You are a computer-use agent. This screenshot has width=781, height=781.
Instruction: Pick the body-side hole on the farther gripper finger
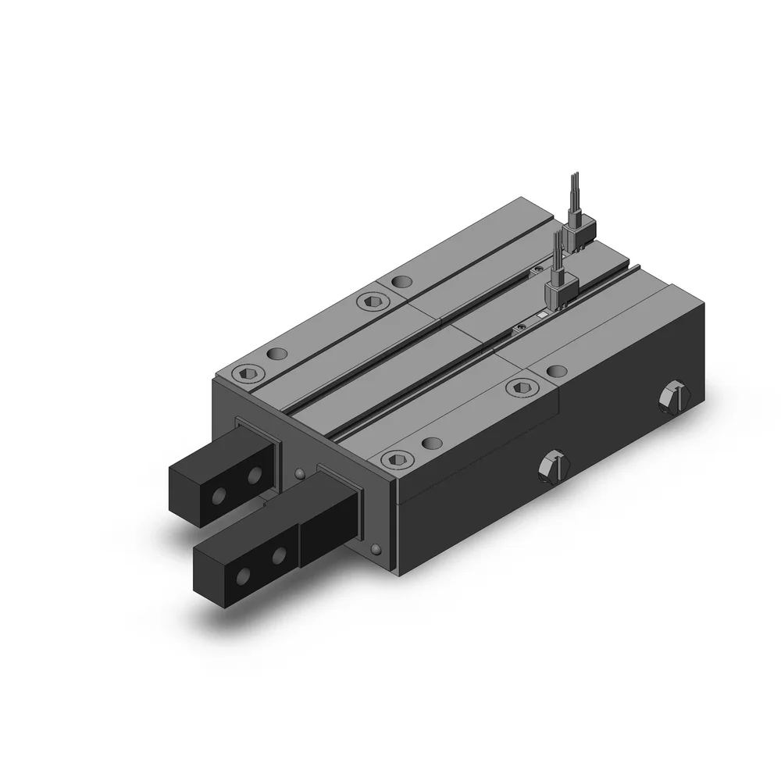coord(252,474)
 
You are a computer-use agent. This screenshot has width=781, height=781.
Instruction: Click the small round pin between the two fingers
coord(301,473)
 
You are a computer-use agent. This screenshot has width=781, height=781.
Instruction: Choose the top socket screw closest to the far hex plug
coord(519,387)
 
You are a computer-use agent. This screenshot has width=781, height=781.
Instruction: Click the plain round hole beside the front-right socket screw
coord(429,443)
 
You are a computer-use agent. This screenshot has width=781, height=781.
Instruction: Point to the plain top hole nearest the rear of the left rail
coord(401,280)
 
